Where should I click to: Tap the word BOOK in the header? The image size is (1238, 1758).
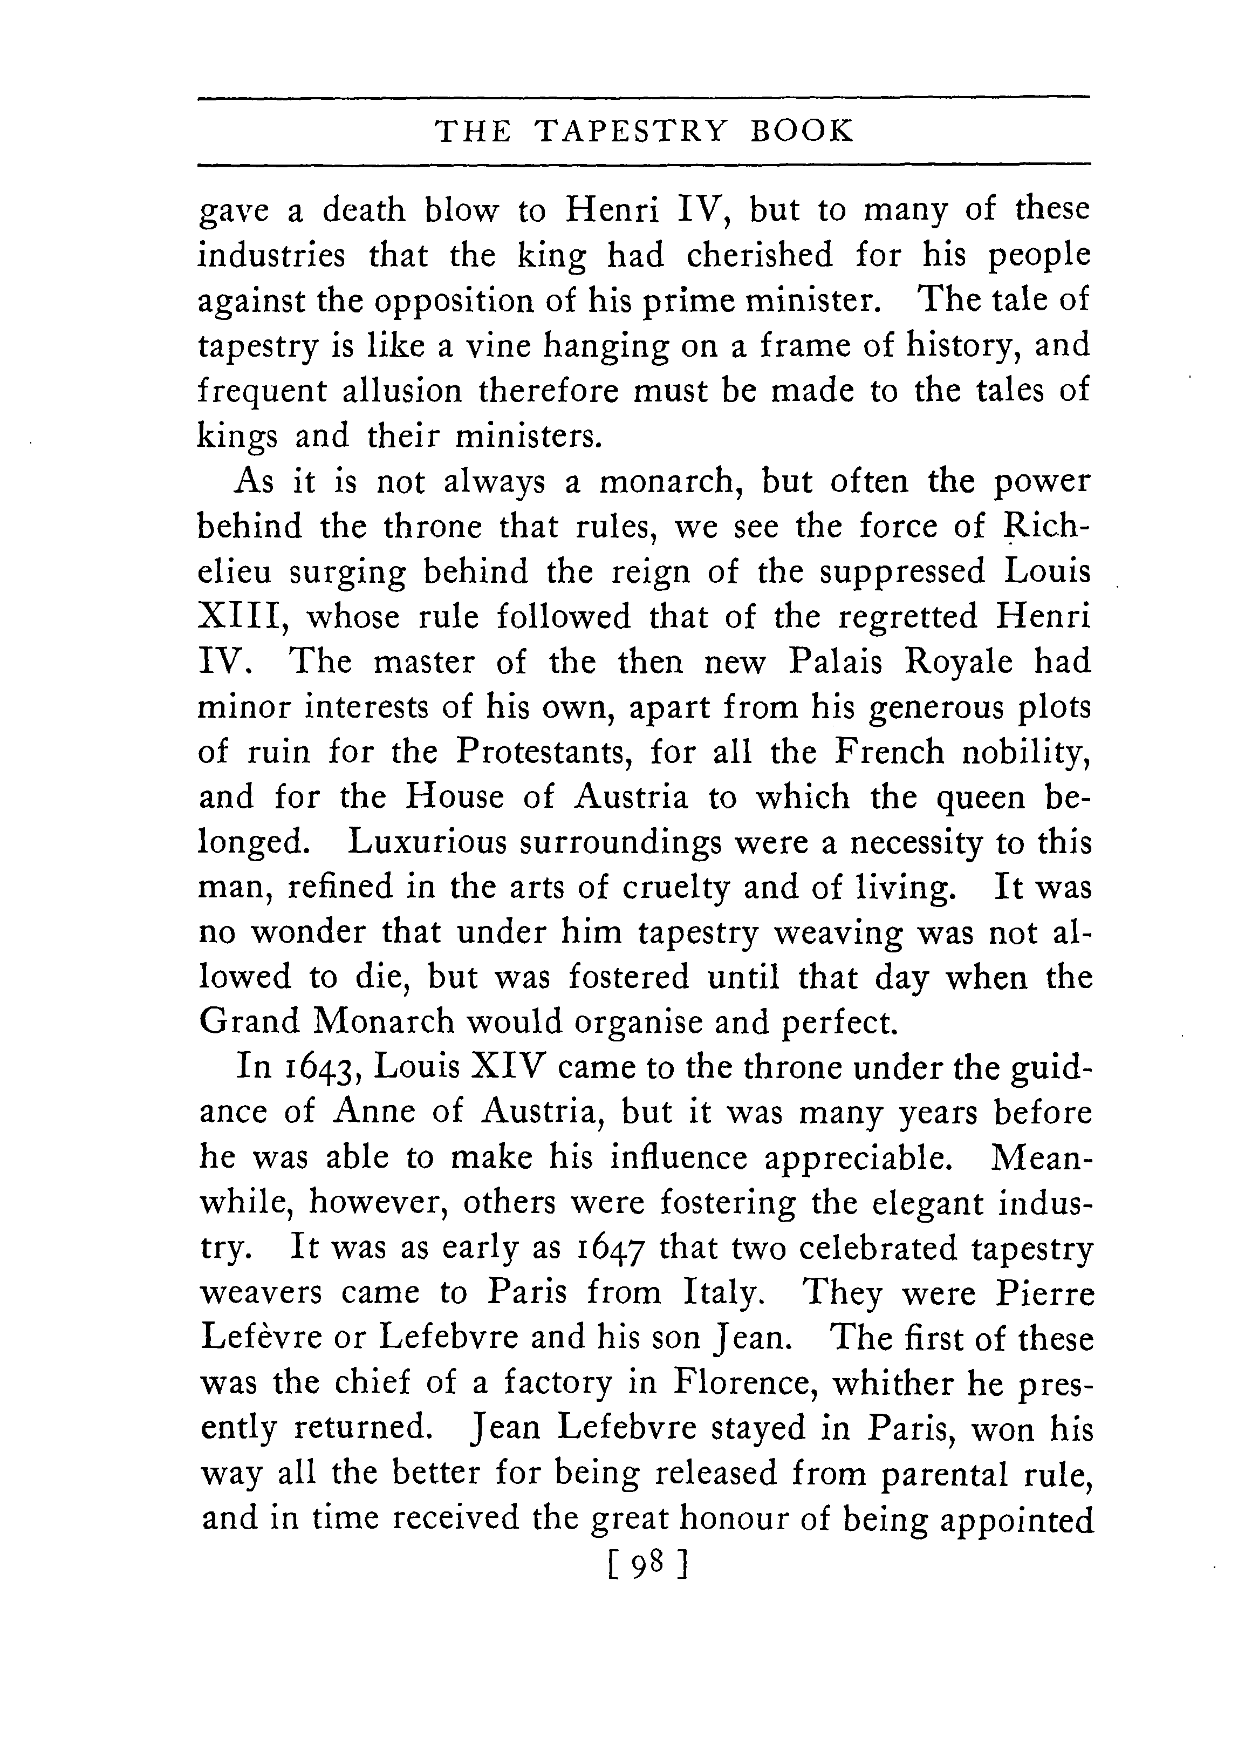click(802, 132)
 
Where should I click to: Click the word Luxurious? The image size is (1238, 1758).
click(427, 842)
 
